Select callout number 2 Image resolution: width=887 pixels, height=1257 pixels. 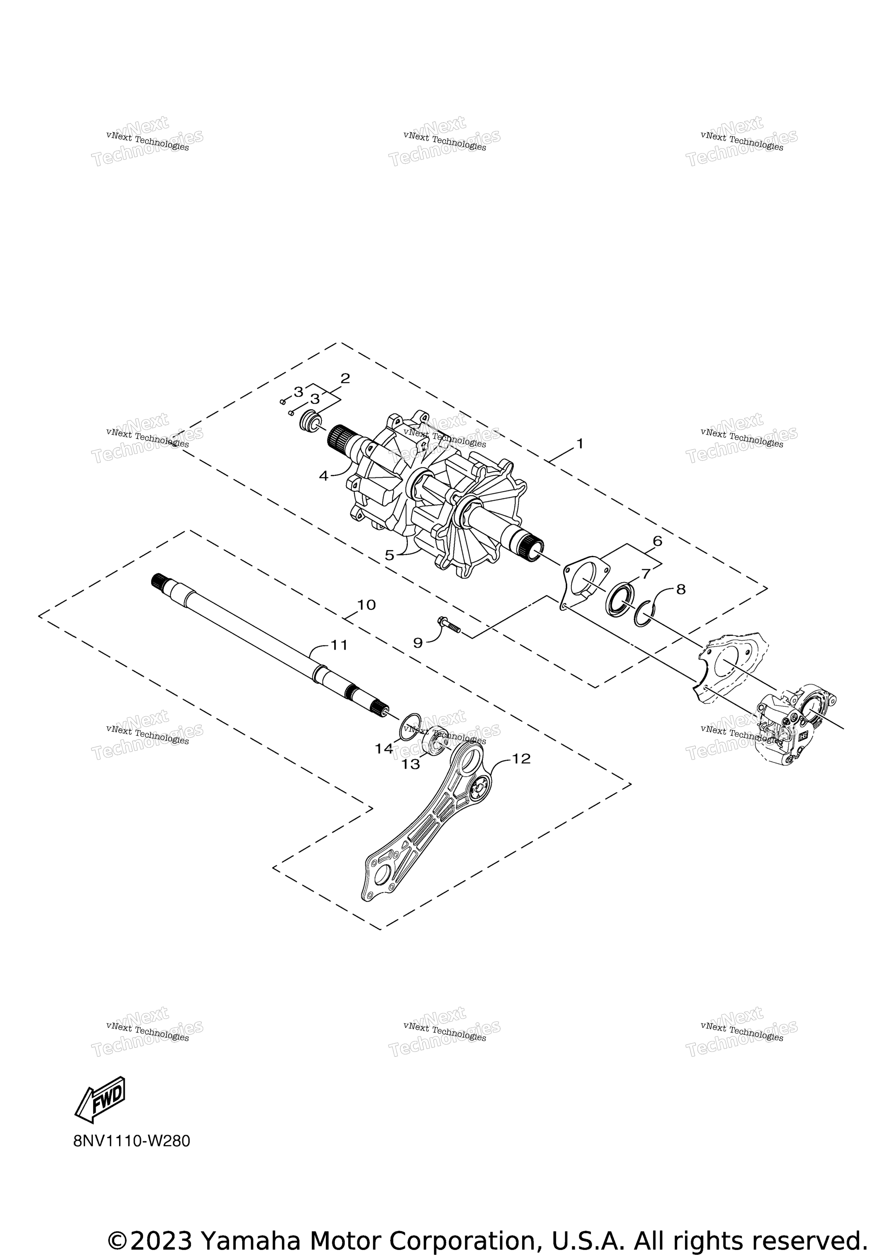click(x=345, y=378)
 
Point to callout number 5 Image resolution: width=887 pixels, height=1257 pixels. click(x=389, y=555)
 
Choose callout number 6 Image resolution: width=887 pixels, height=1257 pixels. click(x=657, y=541)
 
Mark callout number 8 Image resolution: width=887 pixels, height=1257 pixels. click(x=681, y=589)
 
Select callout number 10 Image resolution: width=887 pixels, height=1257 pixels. click(x=366, y=605)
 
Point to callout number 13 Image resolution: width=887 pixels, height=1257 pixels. click(x=410, y=764)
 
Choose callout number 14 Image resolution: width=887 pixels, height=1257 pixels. click(x=383, y=748)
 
